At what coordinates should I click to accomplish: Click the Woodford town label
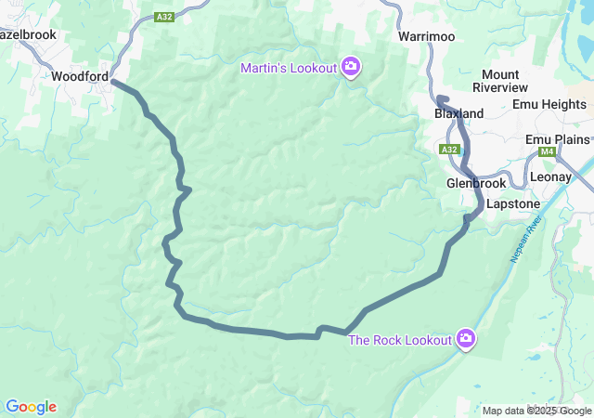tap(80, 76)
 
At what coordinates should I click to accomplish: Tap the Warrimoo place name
tap(426, 36)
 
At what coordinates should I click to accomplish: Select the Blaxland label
tap(459, 113)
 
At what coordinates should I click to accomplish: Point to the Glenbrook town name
tap(476, 183)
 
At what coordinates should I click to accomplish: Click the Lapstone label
tap(512, 202)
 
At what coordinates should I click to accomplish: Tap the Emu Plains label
tap(557, 139)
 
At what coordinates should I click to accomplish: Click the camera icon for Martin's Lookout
tap(351, 66)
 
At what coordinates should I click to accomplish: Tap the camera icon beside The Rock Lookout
tap(466, 339)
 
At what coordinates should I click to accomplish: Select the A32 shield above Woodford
tap(164, 16)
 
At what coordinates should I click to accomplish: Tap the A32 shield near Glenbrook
tap(450, 149)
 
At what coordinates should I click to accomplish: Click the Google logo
tap(31, 407)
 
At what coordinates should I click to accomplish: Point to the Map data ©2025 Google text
tap(537, 411)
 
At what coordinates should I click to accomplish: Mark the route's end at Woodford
tap(113, 82)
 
